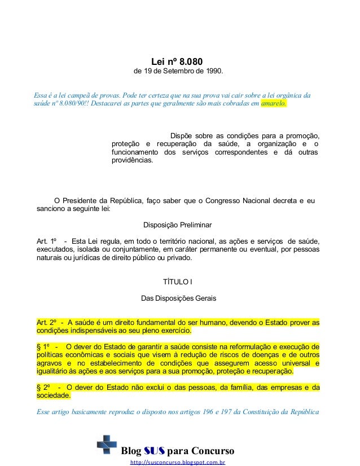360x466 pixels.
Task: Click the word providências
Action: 132,160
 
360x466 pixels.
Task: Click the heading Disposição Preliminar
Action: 177,225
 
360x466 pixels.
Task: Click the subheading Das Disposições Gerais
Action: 178,297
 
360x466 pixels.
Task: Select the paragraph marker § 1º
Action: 43,346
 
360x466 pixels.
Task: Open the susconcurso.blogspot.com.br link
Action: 178,462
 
